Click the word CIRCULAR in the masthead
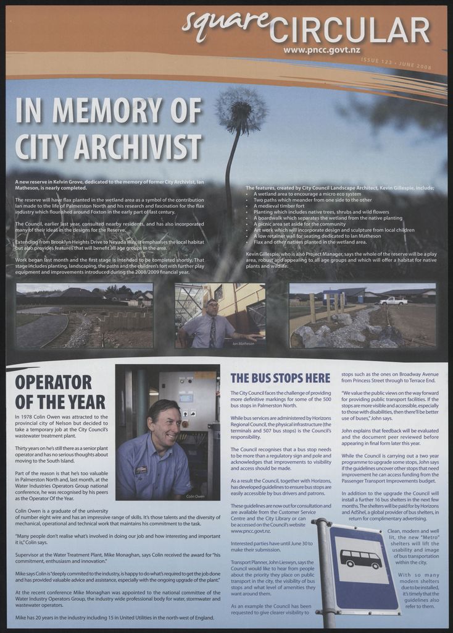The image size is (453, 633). click(349, 30)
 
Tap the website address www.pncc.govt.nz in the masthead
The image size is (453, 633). click(322, 49)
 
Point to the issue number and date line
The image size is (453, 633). click(396, 62)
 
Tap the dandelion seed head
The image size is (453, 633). click(241, 109)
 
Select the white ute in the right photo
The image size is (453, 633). click(393, 301)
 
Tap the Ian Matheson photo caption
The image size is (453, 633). click(243, 342)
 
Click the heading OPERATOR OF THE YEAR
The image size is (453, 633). click(60, 391)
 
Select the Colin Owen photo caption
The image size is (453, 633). click(195, 496)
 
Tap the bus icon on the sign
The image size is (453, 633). click(361, 559)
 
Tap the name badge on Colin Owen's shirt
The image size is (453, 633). click(141, 470)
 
